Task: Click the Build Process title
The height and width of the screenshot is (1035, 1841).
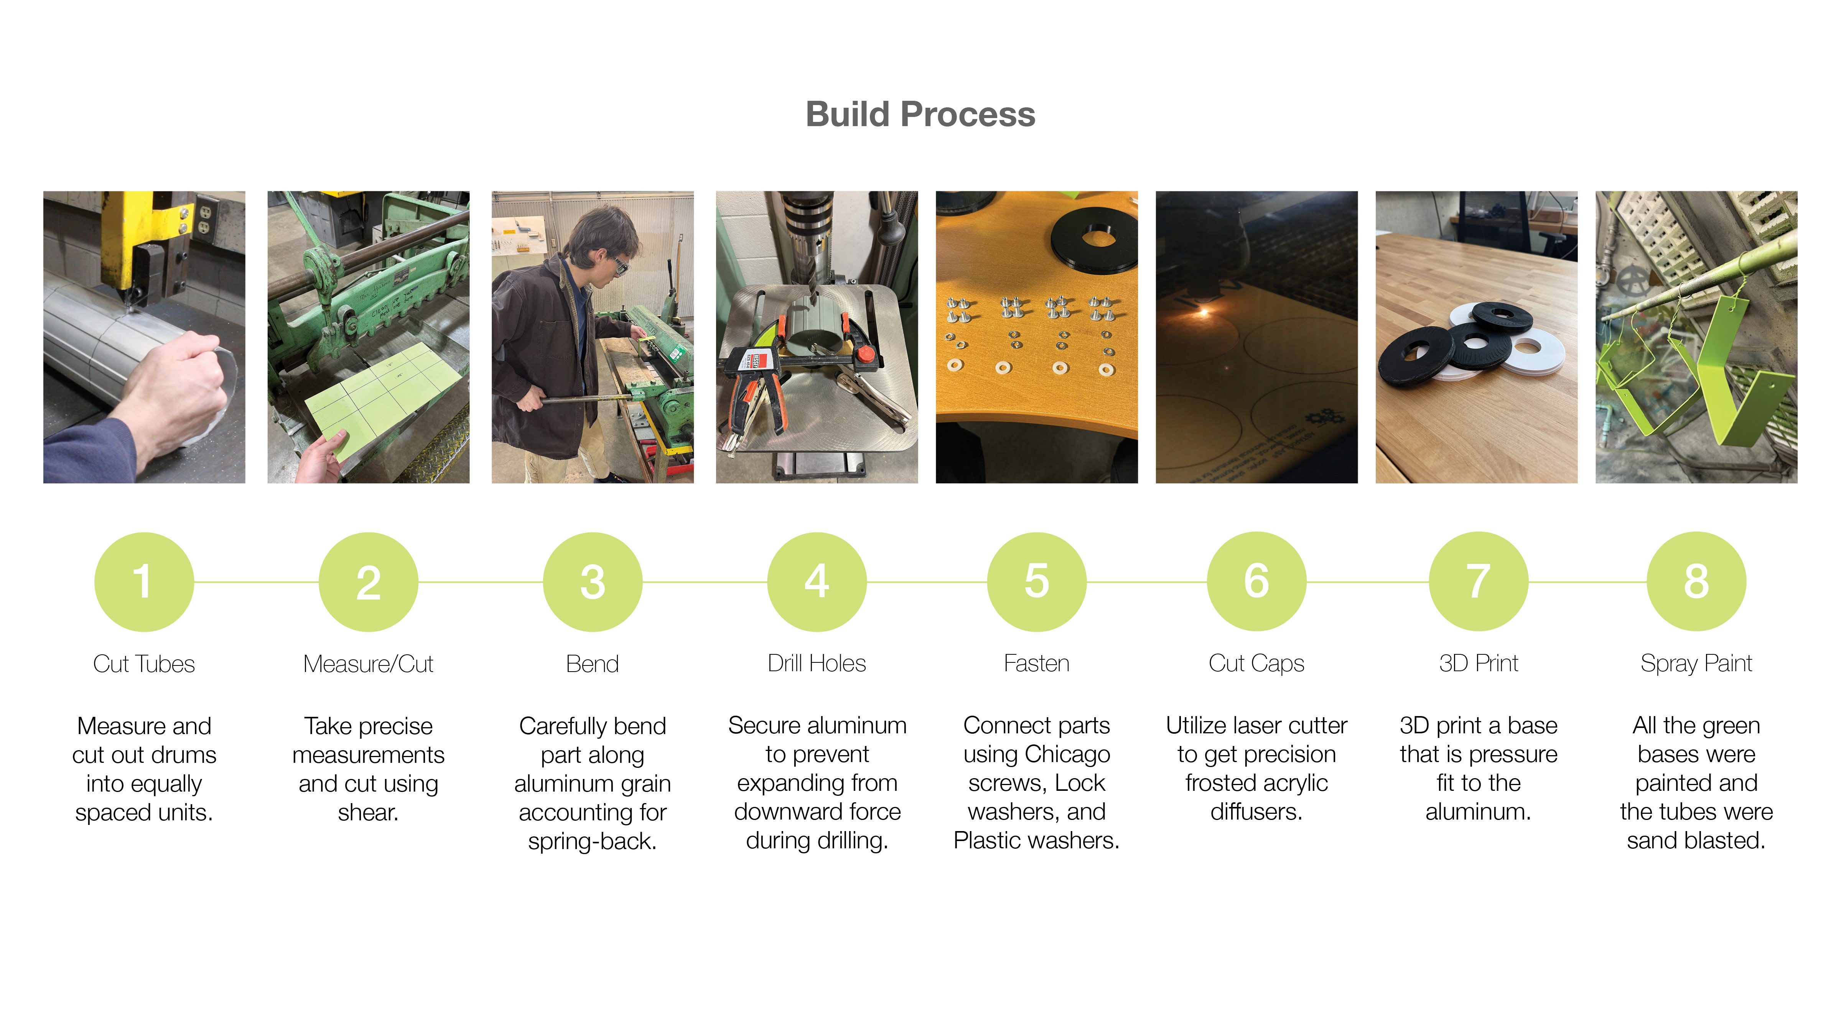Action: [920, 114]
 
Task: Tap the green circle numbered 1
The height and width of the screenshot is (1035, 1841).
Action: [144, 582]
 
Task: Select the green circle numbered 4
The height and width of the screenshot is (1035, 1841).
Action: [817, 582]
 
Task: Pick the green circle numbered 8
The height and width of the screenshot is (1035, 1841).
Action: [1696, 582]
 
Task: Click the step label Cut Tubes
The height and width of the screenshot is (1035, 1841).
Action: [144, 664]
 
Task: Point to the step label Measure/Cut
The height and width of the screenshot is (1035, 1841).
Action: [368, 664]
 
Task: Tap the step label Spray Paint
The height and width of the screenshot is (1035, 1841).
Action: [1696, 664]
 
